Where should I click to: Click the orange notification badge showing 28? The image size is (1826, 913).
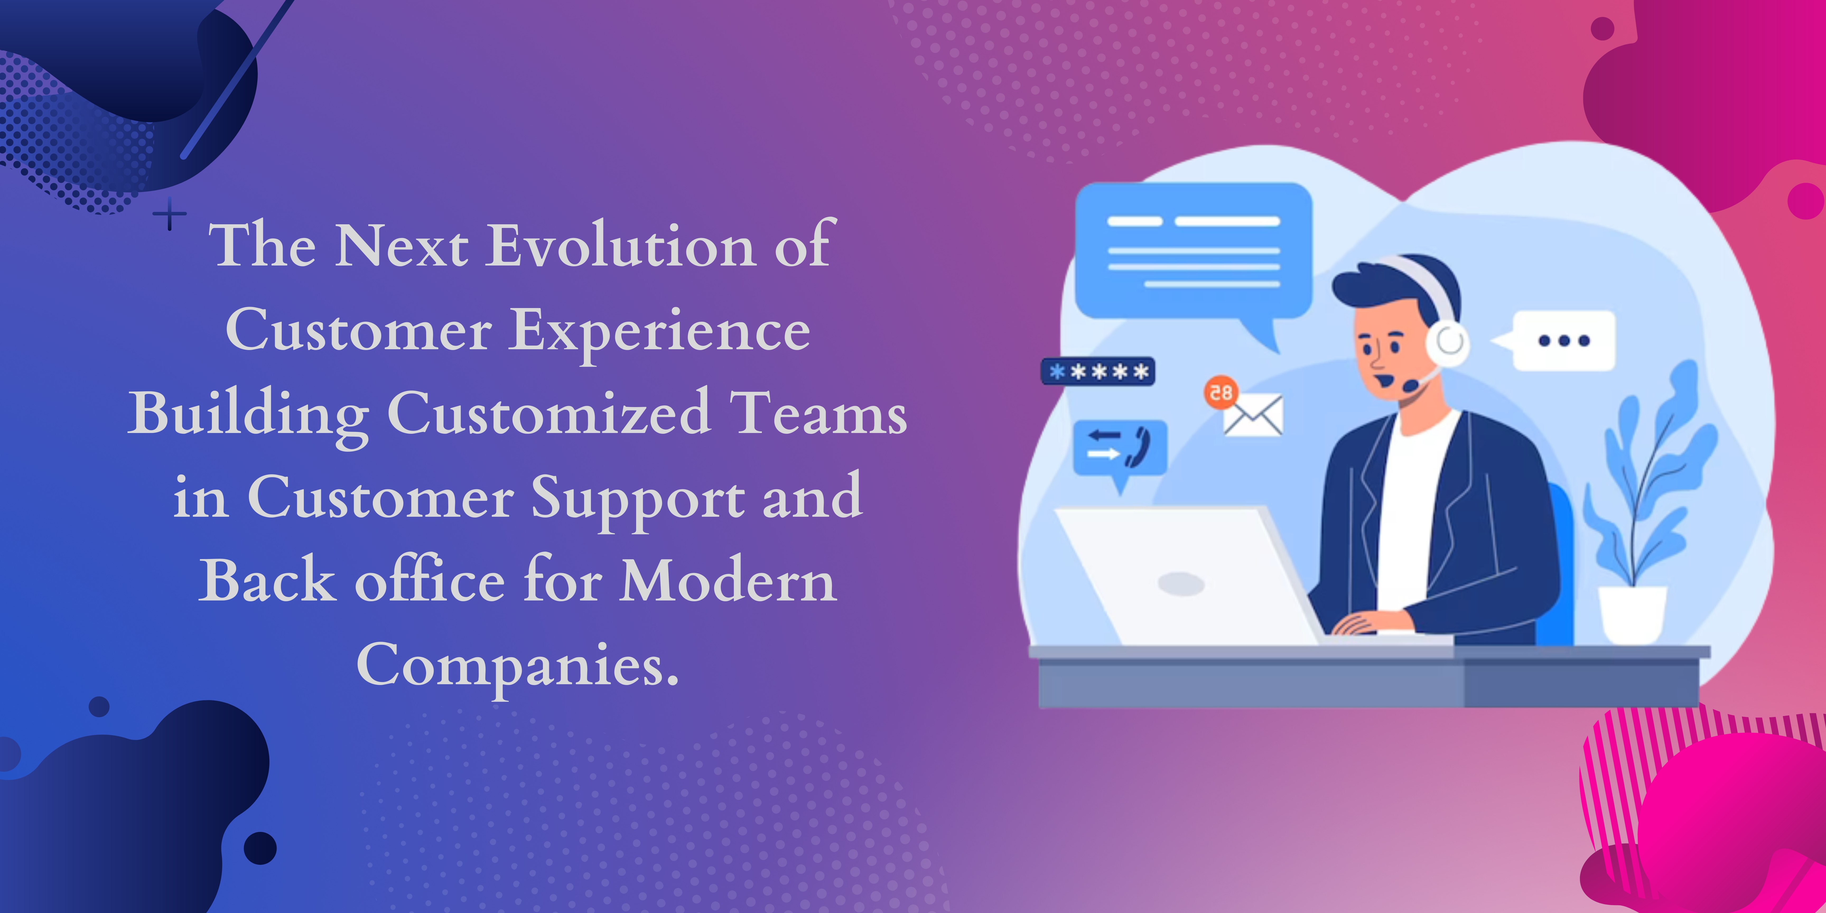click(1221, 392)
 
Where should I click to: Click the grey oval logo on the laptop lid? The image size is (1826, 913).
click(1181, 584)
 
